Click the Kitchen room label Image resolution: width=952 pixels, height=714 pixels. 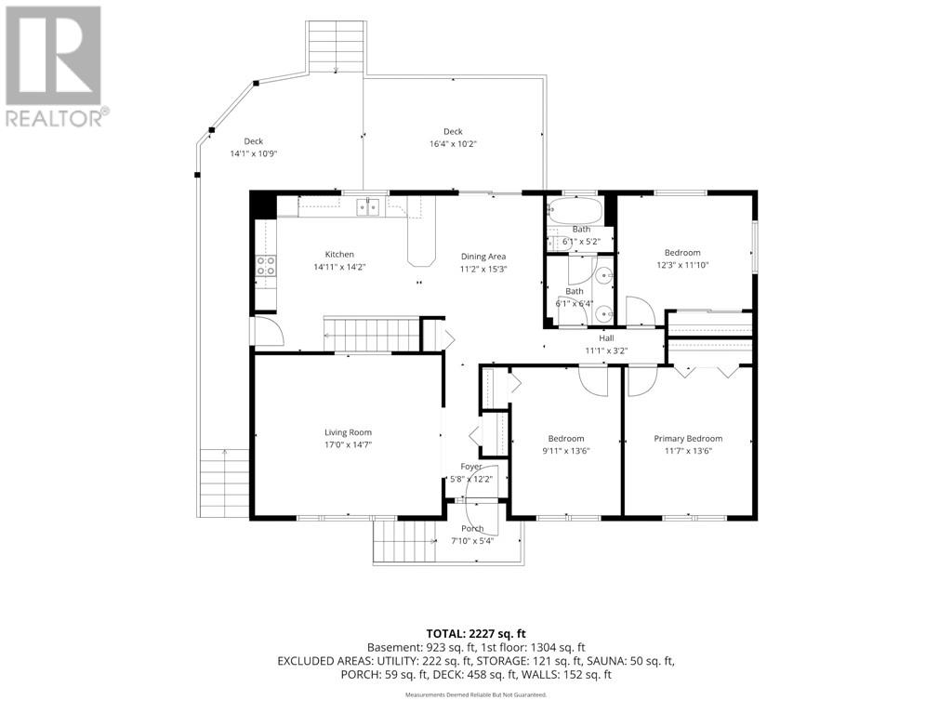tap(339, 255)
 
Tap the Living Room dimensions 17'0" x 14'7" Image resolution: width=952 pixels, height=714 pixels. tap(348, 445)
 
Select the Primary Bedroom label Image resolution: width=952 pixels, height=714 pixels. tap(688, 439)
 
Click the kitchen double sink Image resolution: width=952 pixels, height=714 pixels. tap(368, 206)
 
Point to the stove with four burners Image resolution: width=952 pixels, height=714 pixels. tap(265, 265)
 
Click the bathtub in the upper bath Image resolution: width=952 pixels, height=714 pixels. tap(575, 212)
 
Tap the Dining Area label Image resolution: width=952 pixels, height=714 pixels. tap(483, 257)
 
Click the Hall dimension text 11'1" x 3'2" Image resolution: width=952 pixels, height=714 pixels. tap(606, 350)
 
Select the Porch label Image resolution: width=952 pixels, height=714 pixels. tap(472, 528)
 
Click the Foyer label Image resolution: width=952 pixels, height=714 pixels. tap(471, 467)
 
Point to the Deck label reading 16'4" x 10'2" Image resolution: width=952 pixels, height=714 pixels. tap(453, 144)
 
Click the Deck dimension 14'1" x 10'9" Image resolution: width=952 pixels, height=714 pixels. tap(253, 153)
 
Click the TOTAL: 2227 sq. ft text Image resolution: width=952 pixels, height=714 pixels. tap(476, 634)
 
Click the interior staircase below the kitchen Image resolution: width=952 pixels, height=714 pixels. tap(372, 334)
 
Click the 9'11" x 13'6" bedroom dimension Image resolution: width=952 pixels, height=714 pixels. tap(566, 451)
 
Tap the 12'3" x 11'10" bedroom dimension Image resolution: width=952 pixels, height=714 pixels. tap(682, 265)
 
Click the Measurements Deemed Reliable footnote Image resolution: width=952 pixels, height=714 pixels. tap(476, 694)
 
